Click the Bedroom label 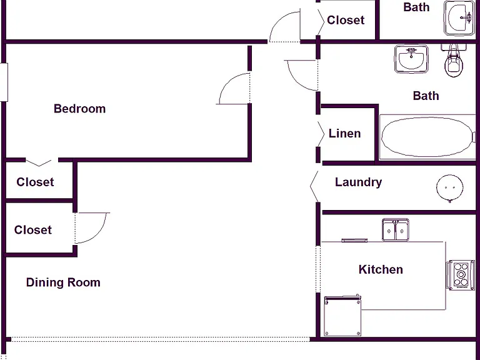[x=79, y=109]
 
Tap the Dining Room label [x=63, y=282]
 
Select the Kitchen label [x=381, y=269]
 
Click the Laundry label [x=359, y=182]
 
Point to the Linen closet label [x=345, y=134]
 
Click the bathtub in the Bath [x=427, y=137]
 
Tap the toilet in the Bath [x=454, y=60]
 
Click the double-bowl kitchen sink [x=396, y=229]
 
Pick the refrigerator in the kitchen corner [x=342, y=316]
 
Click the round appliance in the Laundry [x=450, y=188]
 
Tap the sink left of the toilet [x=411, y=59]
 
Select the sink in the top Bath [x=459, y=17]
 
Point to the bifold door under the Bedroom [x=39, y=162]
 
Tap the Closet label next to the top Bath [x=346, y=20]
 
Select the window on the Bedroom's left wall [x=4, y=82]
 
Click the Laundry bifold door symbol [x=314, y=186]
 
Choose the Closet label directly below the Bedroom [x=35, y=182]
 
